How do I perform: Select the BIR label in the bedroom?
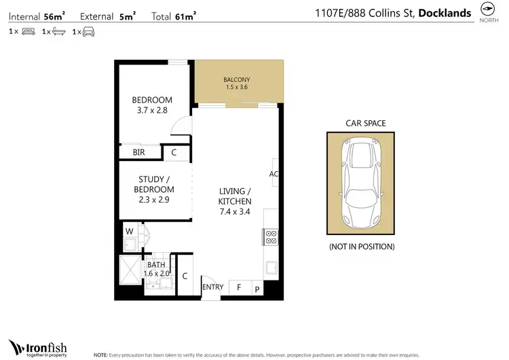[138, 153]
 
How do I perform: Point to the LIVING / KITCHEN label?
[235, 196]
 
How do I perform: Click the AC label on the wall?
[274, 174]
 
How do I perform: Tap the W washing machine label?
[129, 232]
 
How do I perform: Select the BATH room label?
[155, 265]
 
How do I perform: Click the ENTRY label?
[213, 287]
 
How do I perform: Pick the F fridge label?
[239, 288]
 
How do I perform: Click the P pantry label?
[257, 288]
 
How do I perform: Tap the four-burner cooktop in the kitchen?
[270, 237]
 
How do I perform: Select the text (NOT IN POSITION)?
[361, 247]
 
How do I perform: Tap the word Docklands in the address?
[445, 12]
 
